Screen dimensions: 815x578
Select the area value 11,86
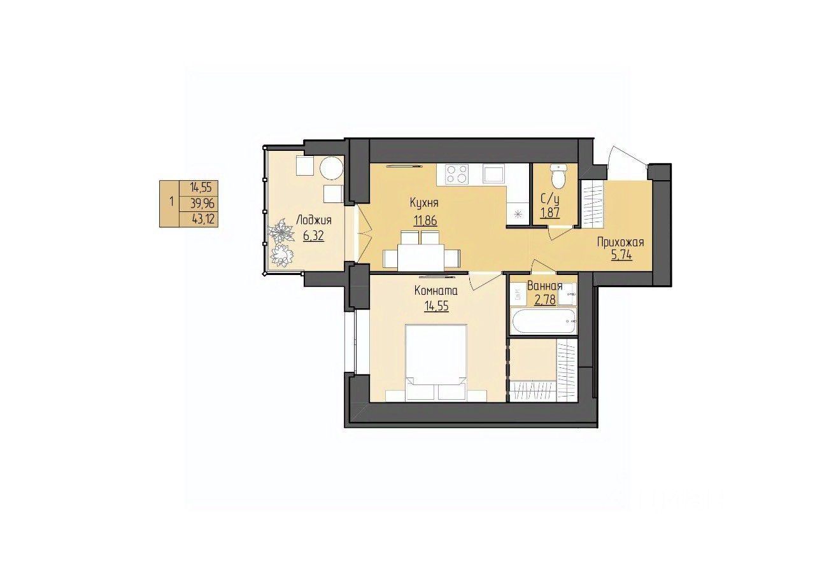click(x=425, y=221)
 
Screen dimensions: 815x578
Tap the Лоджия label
click(x=314, y=221)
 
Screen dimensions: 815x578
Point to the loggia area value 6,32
click(x=313, y=237)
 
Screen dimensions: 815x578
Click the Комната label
click(x=436, y=290)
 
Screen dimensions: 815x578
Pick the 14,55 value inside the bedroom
click(x=436, y=306)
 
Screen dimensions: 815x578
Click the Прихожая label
click(x=621, y=243)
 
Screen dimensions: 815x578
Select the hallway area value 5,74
click(x=621, y=256)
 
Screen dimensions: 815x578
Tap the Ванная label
click(x=544, y=286)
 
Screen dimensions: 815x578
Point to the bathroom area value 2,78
click(x=544, y=300)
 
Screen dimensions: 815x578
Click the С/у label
click(x=549, y=199)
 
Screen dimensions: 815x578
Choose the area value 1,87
click(x=549, y=213)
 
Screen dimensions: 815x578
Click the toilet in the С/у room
click(x=558, y=175)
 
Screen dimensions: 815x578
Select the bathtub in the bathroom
click(x=543, y=321)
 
